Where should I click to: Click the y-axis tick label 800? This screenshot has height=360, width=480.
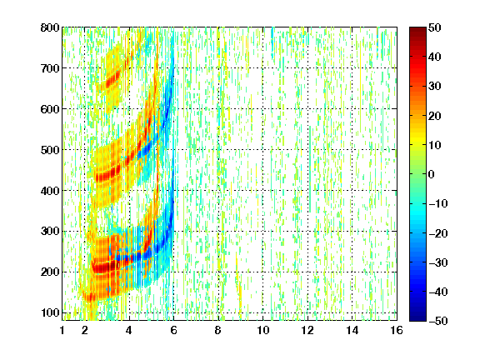click(50, 27)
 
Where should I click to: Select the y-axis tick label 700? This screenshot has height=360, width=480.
click(50, 68)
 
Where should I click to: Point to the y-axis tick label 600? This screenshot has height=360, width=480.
click(50, 109)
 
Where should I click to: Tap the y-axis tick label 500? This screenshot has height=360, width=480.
click(50, 150)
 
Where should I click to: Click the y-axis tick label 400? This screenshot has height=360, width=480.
click(50, 191)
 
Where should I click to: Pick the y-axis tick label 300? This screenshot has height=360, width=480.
click(50, 232)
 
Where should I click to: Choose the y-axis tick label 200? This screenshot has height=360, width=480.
click(50, 272)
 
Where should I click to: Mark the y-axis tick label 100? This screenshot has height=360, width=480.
click(50, 312)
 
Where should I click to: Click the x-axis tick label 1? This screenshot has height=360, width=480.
click(62, 330)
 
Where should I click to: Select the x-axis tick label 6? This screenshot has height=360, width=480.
click(173, 330)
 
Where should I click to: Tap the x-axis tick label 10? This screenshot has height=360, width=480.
click(262, 330)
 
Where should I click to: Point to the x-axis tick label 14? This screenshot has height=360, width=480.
click(352, 330)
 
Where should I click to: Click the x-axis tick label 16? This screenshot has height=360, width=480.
click(397, 330)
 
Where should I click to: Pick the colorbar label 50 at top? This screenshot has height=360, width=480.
click(435, 27)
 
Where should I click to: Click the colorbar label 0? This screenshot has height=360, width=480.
click(431, 174)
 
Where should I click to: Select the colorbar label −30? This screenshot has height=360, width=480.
click(438, 262)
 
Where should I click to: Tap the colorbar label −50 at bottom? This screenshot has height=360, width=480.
click(438, 321)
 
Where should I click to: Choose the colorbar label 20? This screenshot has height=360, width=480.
click(435, 116)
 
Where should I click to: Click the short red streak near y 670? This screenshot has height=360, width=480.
click(112, 79)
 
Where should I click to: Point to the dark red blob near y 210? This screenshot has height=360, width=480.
click(103, 267)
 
